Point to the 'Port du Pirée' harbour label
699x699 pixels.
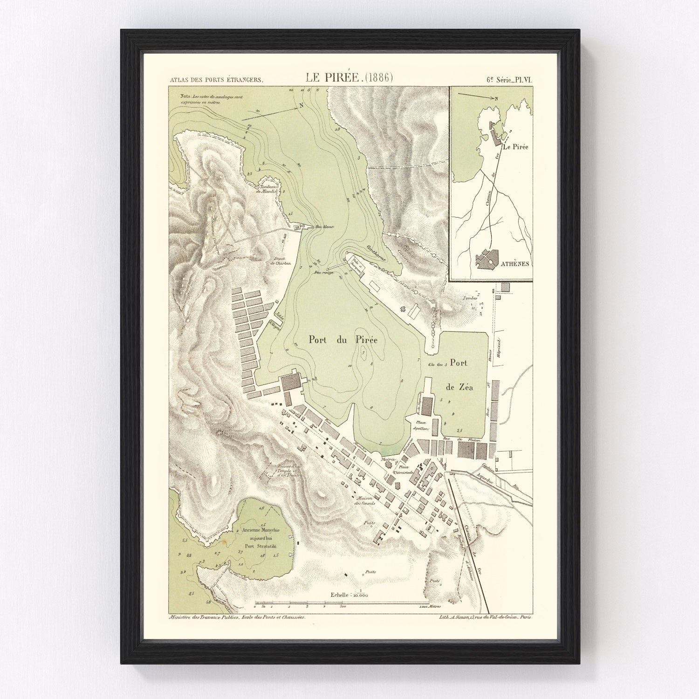pyautogui.click(x=343, y=340)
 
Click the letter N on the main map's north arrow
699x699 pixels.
pyautogui.click(x=302, y=105)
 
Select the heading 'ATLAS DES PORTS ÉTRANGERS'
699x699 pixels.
pyautogui.click(x=216, y=80)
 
